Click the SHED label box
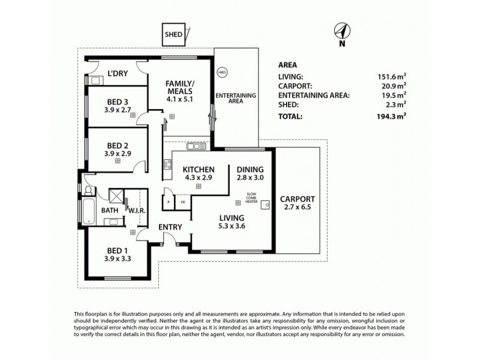tap(174, 35)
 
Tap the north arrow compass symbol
tap(341, 31)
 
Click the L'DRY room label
tap(117, 74)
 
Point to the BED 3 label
tap(117, 101)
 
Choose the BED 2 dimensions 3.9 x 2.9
tap(117, 154)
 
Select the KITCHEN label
tap(198, 169)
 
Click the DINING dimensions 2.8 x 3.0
tap(251, 178)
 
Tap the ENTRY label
tap(170, 227)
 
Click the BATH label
tap(110, 210)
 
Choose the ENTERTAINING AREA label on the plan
tap(235, 99)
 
